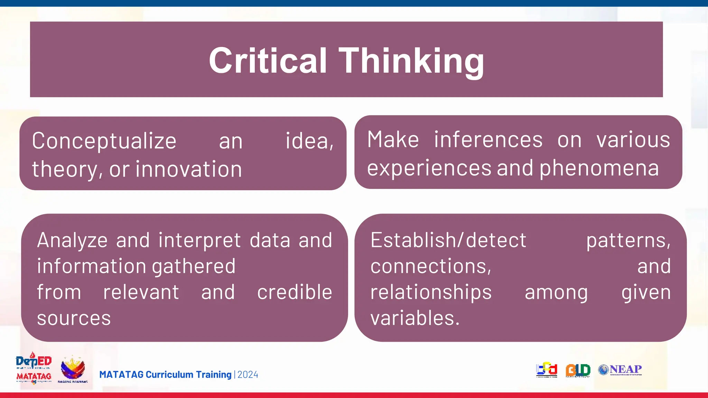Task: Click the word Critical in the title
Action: pos(268,61)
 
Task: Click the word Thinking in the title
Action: pos(411,61)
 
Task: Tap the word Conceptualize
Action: pos(104,141)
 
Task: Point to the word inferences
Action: pos(488,140)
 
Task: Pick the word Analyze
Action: pos(72,241)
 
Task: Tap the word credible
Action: pos(295,292)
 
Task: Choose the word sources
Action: pos(74,318)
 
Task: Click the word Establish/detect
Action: pos(448,240)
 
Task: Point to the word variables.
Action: pos(414,318)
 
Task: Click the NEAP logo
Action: pos(620,370)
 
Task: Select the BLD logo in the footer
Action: pos(578,370)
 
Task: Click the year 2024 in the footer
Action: pos(248,375)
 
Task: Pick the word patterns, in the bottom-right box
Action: pos(628,240)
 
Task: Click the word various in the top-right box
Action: pos(633,140)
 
